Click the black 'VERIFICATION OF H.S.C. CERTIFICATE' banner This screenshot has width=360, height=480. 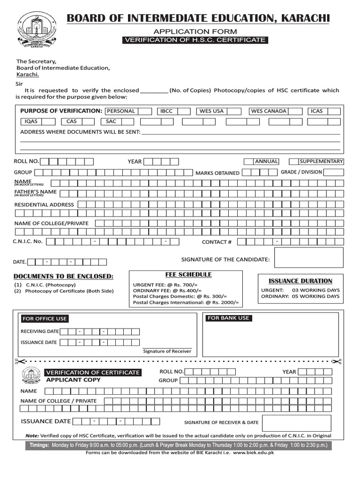[195, 40]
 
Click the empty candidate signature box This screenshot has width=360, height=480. [308, 258]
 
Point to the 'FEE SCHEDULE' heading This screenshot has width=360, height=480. [188, 274]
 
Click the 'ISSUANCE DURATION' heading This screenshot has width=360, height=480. [300, 281]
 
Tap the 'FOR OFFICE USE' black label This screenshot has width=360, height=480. [45, 319]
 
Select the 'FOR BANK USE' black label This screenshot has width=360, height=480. [228, 318]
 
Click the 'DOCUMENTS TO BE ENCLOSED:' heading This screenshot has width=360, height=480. [63, 276]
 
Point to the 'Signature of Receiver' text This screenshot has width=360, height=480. [167, 351]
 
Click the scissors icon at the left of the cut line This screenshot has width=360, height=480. [18, 361]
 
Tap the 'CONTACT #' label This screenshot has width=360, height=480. [217, 242]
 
